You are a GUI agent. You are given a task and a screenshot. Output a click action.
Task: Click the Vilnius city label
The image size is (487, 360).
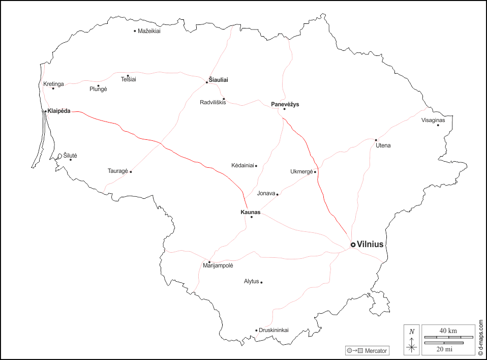click(x=370, y=245)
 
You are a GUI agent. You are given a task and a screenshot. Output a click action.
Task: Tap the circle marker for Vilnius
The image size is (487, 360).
click(x=353, y=245)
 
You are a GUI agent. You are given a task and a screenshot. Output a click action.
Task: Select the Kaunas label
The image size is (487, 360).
click(x=251, y=212)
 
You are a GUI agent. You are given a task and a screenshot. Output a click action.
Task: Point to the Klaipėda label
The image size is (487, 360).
click(x=59, y=111)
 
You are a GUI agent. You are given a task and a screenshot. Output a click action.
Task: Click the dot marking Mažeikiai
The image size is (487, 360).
click(x=135, y=31)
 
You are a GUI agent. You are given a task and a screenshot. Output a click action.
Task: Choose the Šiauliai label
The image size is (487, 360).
click(x=219, y=80)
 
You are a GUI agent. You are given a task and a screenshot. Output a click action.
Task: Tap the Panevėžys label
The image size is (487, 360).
click(x=285, y=104)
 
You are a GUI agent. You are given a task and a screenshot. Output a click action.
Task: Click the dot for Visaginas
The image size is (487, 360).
click(x=438, y=125)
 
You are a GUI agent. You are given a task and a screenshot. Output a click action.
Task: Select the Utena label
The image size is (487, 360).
click(x=383, y=146)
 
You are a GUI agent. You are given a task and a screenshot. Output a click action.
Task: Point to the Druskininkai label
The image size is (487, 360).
click(x=273, y=330)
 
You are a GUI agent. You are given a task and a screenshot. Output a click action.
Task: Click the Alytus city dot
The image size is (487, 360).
click(x=261, y=282)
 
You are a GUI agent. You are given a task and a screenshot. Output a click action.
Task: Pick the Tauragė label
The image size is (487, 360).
click(x=117, y=171)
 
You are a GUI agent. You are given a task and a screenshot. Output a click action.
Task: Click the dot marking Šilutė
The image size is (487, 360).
click(x=71, y=160)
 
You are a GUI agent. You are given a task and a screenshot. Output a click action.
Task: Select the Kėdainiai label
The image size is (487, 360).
click(x=242, y=166)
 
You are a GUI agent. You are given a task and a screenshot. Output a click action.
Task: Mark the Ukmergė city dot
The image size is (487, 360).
click(x=315, y=172)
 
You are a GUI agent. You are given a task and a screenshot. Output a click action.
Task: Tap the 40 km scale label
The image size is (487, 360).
click(x=448, y=331)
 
